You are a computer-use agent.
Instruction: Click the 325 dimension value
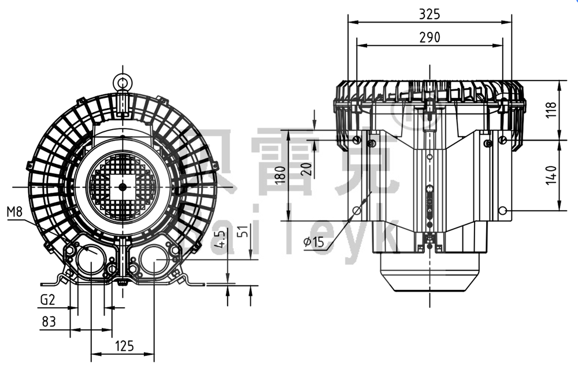pos(429,13)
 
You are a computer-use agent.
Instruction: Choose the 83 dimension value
pos(49,321)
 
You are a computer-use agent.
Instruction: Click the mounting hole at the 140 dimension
pos(503,211)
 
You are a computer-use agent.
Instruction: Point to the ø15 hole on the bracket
pos(357,211)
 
